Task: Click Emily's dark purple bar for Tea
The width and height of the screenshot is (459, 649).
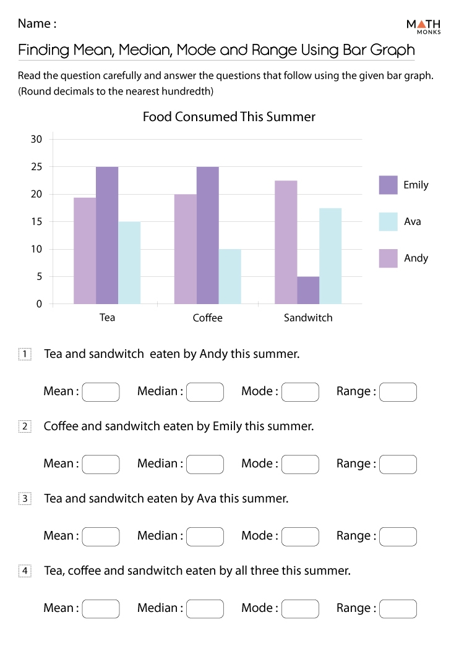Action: [107, 235]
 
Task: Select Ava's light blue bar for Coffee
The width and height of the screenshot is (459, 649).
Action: [229, 276]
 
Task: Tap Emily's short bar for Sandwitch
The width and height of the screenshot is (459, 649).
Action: [308, 290]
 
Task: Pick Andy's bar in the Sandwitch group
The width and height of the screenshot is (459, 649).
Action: [286, 242]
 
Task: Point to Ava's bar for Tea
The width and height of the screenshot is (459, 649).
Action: [129, 263]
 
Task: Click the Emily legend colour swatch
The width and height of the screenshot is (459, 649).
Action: [388, 185]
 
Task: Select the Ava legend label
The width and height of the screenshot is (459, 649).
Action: [412, 221]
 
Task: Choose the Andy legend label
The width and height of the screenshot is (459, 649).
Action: [416, 258]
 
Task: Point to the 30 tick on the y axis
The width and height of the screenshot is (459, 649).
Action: [36, 139]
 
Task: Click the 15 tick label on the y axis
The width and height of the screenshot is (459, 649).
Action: [36, 222]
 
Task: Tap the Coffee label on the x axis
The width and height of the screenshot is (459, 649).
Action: [207, 318]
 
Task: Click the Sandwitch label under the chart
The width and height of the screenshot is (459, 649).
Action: [308, 318]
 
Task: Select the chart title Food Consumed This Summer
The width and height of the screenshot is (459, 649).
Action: [229, 117]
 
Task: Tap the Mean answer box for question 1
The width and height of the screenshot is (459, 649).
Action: [101, 392]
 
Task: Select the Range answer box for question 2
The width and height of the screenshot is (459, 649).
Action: [398, 464]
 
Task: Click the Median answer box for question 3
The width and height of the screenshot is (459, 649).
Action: [205, 537]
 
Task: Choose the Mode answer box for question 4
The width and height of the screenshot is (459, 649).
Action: [300, 609]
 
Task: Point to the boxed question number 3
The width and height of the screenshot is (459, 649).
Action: [25, 499]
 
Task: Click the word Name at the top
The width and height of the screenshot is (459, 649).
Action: [33, 23]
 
